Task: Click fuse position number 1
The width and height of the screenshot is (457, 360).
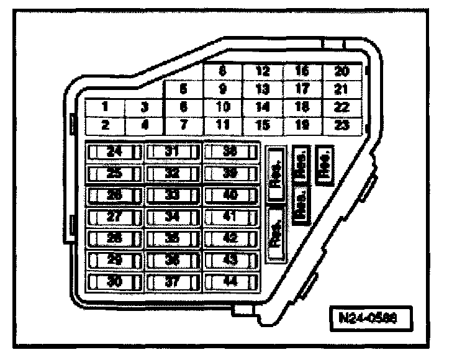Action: coord(106,107)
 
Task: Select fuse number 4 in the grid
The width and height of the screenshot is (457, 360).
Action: coord(144,124)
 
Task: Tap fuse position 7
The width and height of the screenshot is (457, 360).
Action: coord(183,124)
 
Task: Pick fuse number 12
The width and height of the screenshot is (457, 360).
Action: coord(262,71)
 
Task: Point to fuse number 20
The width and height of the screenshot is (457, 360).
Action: coord(341,71)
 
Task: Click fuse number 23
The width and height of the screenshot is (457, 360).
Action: coord(341,124)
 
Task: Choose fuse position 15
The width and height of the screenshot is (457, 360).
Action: coord(262,124)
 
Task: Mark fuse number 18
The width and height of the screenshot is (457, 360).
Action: coord(302,107)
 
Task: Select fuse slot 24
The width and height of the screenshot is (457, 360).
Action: coord(114,151)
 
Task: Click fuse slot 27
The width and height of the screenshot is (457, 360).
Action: coord(114,216)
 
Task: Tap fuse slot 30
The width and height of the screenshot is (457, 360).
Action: coord(114,281)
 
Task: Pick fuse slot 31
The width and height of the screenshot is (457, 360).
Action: coord(172,151)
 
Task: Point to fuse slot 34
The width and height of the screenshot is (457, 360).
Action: coord(172,216)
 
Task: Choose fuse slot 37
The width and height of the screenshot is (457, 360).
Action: coord(172,281)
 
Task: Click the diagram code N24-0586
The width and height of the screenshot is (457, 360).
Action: coord(371,315)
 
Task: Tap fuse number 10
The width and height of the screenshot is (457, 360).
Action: coord(222,107)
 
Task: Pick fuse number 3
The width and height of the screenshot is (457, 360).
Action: coord(144,107)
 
